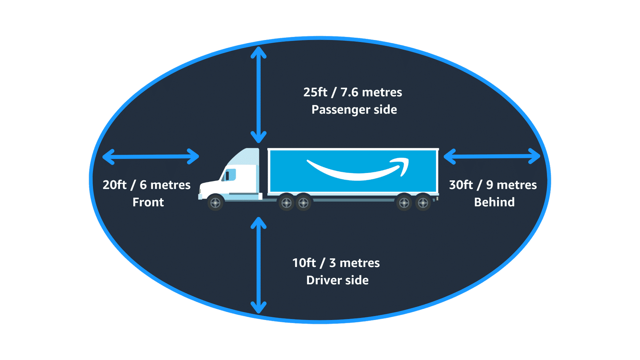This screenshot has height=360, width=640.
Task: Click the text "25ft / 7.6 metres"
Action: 352,92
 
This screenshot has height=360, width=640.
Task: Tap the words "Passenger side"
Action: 354,110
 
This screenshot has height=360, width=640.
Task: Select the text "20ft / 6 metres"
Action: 146,185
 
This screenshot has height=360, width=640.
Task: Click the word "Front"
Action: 148,202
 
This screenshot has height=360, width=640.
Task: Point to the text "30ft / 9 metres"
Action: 493,185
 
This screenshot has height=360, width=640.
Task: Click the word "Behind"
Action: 494,202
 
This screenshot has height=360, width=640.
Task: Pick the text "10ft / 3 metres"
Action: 336,263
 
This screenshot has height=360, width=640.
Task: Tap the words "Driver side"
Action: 337,280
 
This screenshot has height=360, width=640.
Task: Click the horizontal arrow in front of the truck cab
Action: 151,157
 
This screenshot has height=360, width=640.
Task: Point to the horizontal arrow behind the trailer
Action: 492,156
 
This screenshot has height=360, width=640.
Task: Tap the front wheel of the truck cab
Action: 215,203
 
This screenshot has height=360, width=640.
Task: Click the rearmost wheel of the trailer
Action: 423,203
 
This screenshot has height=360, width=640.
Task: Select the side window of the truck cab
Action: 230,175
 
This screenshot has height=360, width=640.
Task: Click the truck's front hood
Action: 210,187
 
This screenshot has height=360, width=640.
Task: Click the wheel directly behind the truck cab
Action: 286,203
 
